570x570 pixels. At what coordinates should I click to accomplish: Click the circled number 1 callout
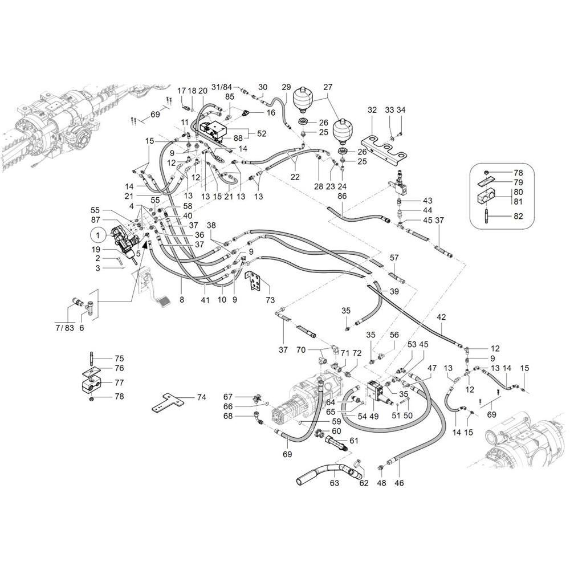pyautogui.click(x=97, y=235)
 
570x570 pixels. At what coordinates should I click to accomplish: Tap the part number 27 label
pyautogui.click(x=328, y=87)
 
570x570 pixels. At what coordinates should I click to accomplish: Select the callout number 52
pyautogui.click(x=262, y=133)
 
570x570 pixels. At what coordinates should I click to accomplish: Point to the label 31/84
pyautogui.click(x=221, y=87)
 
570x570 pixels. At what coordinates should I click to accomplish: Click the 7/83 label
pyautogui.click(x=65, y=328)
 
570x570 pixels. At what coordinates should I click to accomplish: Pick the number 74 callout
pyautogui.click(x=201, y=397)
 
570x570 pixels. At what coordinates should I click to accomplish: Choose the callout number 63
pyautogui.click(x=335, y=483)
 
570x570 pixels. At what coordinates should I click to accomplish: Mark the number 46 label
pyautogui.click(x=399, y=483)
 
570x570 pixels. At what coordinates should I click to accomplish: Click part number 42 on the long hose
pyautogui.click(x=441, y=317)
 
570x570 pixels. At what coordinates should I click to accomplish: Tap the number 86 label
pyautogui.click(x=342, y=196)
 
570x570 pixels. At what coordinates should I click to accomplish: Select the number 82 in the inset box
pyautogui.click(x=518, y=216)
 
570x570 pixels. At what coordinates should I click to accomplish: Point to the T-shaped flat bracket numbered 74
pyautogui.click(x=166, y=402)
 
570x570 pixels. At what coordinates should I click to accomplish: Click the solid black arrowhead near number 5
pyautogui.click(x=146, y=245)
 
